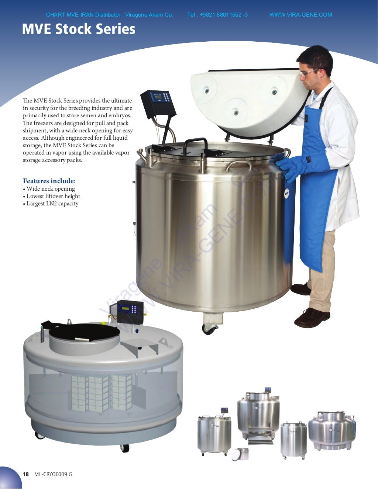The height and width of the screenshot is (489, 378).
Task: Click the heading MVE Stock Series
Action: [78, 29]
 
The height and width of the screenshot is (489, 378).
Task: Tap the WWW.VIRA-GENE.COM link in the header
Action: [300, 15]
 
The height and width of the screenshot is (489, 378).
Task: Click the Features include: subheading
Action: [49, 181]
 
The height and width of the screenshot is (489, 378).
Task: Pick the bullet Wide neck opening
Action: [51, 189]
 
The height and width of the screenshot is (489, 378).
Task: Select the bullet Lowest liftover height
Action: [53, 196]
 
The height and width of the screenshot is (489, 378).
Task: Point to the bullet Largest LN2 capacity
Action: [52, 204]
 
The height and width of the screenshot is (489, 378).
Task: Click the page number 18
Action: [25, 474]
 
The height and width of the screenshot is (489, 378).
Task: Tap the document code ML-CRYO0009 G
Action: [53, 474]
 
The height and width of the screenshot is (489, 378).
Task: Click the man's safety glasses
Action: [308, 73]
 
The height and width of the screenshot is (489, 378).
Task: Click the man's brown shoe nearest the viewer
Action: [312, 318]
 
